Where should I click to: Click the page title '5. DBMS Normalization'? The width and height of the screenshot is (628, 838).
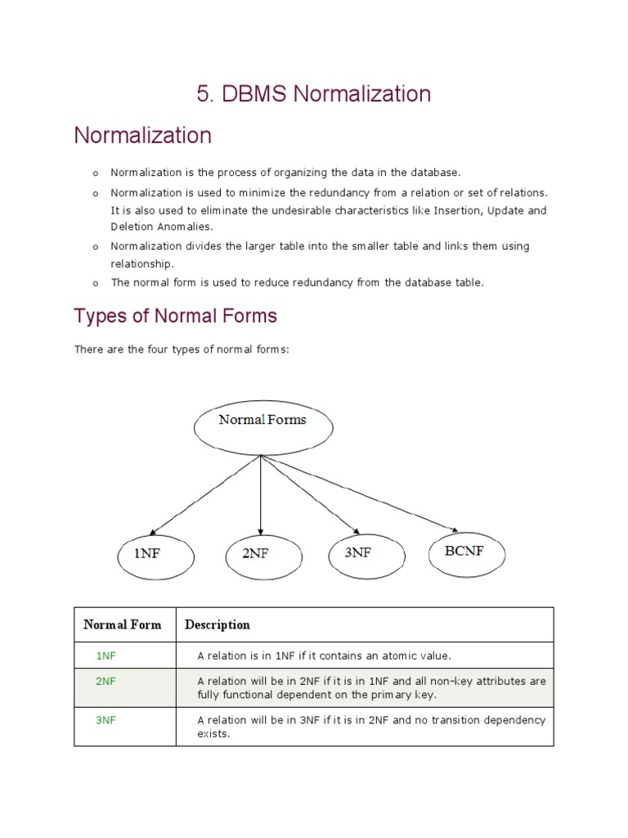coord(313,94)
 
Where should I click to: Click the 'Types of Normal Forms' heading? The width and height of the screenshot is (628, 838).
coord(175,316)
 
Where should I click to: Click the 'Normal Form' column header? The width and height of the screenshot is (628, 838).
coord(123,625)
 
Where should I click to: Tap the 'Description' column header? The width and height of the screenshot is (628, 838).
coord(218,625)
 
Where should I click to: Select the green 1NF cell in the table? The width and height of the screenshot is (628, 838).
coord(106,656)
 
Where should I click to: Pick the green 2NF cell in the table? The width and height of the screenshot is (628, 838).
coord(106,681)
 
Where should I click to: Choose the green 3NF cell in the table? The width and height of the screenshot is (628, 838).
coord(106,720)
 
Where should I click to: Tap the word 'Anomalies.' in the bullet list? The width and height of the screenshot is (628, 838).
coord(184,227)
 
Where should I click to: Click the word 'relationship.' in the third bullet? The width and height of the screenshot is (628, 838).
coord(142,264)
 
